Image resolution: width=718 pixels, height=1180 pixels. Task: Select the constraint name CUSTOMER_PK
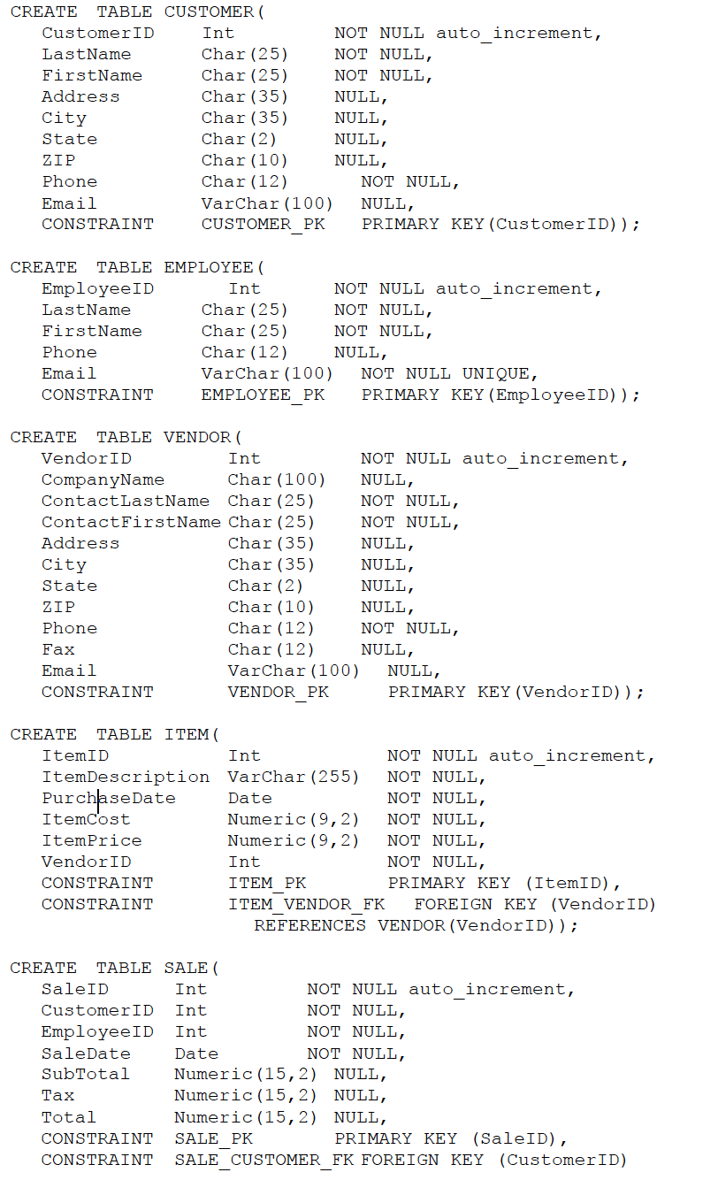263,224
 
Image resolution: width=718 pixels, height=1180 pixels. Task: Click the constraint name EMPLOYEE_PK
263,395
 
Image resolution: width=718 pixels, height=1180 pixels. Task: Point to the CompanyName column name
103,479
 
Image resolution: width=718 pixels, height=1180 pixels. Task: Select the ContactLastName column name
125,501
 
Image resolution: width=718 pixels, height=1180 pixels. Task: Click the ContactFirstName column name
130,522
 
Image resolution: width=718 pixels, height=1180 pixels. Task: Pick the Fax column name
58,649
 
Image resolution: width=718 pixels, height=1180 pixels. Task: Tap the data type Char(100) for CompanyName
276,479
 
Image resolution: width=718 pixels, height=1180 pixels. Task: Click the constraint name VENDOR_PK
278,692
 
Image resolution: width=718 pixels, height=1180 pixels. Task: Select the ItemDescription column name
125,777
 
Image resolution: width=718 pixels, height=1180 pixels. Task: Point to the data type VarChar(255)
293,777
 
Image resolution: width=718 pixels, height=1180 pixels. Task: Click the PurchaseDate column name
108,798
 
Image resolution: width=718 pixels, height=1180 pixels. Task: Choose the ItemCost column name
86,819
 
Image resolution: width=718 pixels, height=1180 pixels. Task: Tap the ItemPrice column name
91,840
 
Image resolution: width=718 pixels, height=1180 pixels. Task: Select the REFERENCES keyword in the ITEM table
309,925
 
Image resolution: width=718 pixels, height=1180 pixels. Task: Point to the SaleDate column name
86,1054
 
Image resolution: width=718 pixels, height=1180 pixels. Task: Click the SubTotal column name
86,1074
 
